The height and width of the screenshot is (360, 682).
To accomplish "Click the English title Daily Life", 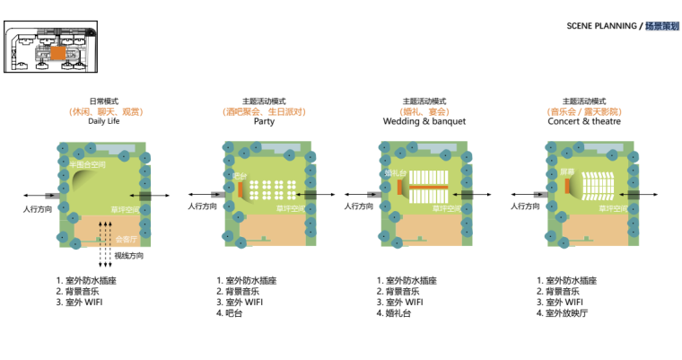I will tap(103, 121).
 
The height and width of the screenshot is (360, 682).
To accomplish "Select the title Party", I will tap(264, 121).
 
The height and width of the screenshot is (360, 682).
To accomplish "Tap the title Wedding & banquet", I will tap(424, 121).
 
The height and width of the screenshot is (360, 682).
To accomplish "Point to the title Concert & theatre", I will tap(584, 121).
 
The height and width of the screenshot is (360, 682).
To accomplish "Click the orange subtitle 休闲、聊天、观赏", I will tap(103, 111).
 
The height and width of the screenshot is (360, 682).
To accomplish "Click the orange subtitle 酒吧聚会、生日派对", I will tap(264, 111).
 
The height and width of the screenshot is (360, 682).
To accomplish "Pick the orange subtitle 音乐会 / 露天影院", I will tap(584, 111).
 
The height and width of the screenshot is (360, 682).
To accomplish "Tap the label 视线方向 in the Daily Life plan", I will tap(129, 257).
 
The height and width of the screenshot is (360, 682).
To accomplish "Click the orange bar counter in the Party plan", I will tap(241, 189).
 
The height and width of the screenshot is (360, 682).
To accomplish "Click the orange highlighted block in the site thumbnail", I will tap(57, 53).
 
